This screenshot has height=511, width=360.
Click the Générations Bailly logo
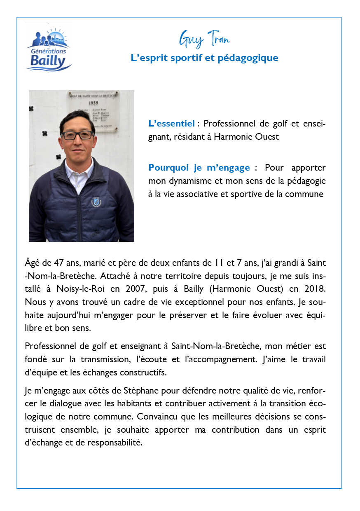click(x=49, y=47)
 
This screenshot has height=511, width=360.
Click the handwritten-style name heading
click(x=204, y=40)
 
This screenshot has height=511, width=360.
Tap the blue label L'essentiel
click(x=171, y=123)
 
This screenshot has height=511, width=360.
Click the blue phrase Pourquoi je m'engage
click(x=199, y=168)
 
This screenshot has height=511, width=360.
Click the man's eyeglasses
click(x=77, y=135)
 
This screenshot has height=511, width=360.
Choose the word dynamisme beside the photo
click(x=185, y=180)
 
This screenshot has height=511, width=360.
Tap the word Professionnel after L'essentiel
click(x=231, y=123)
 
